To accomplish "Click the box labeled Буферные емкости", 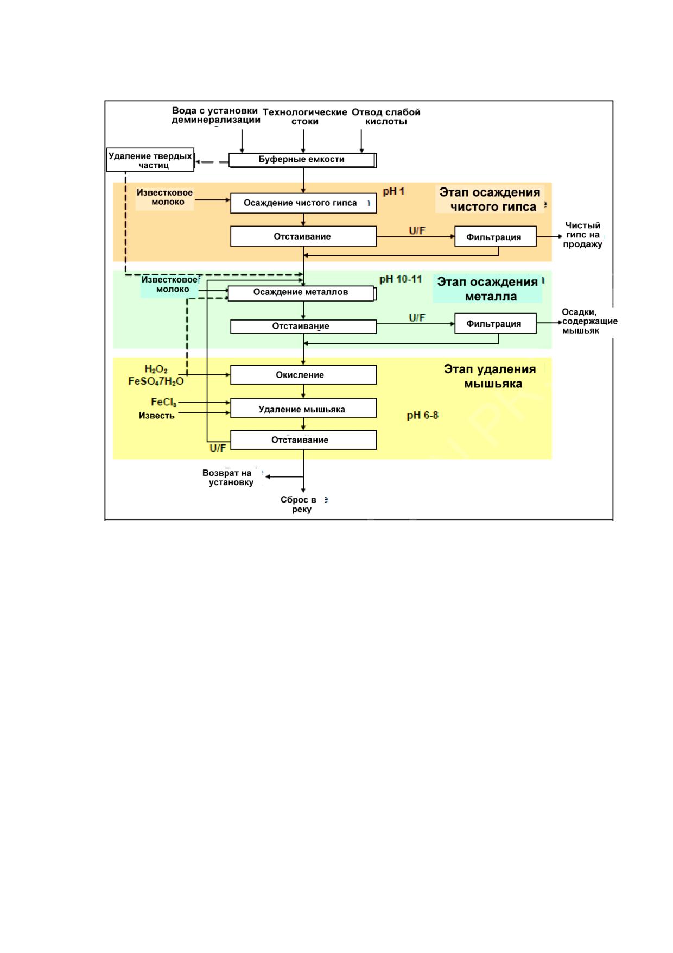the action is [x=302, y=160].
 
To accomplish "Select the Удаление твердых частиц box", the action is [x=150, y=160].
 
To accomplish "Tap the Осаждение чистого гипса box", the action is [x=303, y=203].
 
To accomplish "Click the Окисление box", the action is [x=303, y=375].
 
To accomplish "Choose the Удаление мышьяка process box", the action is [x=303, y=408].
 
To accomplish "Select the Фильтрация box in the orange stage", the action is [x=496, y=237].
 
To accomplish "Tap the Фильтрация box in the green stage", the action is [x=496, y=323].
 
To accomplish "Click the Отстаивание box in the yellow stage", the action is [x=303, y=440].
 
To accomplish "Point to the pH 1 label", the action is [x=394, y=191].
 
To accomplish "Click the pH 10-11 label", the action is [x=401, y=279].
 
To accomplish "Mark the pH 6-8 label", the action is [x=423, y=416].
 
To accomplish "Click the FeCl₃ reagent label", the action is [x=164, y=403].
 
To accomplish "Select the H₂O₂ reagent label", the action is [x=156, y=370].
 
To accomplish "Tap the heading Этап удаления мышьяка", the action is [x=491, y=376].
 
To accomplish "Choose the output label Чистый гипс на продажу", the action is [x=582, y=235].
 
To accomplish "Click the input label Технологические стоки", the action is [x=305, y=117].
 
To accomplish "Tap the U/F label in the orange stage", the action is [x=417, y=231].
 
